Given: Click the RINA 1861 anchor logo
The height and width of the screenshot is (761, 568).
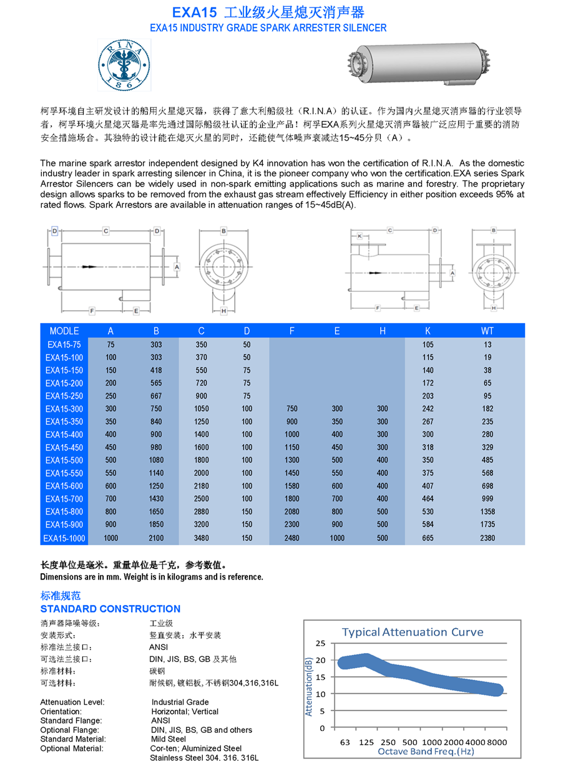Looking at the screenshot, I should [124, 64].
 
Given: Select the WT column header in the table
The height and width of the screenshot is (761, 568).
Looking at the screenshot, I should [487, 331].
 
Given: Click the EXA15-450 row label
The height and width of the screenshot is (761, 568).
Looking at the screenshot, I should [64, 447].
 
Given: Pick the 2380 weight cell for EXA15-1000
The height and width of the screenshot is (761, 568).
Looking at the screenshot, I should [487, 538].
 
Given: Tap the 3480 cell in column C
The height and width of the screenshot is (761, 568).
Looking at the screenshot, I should [201, 538].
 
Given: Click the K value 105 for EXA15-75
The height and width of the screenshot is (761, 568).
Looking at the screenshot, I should [428, 344].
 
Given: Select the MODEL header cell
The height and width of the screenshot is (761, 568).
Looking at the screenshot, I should [64, 331].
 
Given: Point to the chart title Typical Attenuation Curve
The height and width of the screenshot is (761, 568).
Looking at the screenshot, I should [413, 632].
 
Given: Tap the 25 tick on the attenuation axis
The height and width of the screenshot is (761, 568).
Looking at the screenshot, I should [320, 643].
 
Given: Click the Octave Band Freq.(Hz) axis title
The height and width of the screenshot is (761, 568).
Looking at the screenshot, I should [426, 751].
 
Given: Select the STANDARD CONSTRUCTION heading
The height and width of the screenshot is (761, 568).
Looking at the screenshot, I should [110, 609].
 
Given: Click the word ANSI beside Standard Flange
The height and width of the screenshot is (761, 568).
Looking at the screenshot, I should [160, 720].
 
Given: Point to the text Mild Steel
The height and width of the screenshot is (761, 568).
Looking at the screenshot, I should [169, 739].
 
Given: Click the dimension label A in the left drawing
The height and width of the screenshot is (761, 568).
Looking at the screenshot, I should [177, 267].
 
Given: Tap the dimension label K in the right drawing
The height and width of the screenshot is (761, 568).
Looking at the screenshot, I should [360, 236].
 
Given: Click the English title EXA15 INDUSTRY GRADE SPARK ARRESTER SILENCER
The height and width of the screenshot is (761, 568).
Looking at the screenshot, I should [268, 28].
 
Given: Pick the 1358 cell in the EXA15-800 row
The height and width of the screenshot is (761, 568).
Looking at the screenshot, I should [487, 511].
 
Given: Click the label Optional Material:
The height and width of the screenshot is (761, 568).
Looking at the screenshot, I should [72, 748].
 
